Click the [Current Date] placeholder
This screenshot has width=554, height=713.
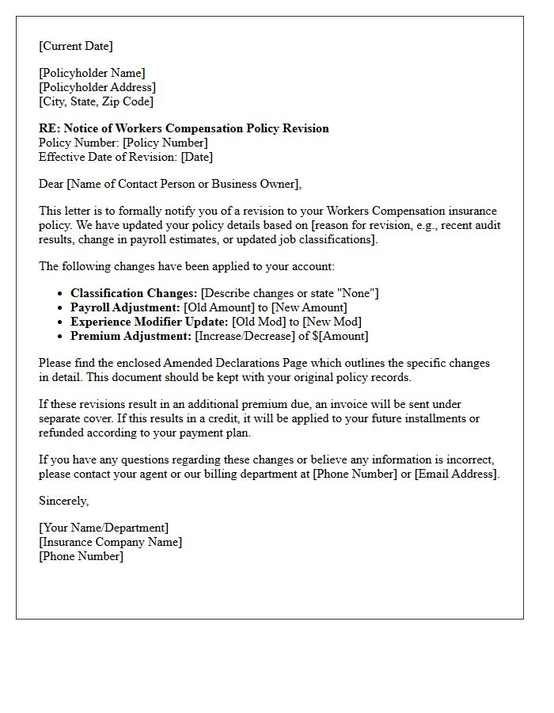pos(76,46)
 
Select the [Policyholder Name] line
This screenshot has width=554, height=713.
pos(92,73)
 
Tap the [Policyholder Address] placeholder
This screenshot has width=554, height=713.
pos(97,87)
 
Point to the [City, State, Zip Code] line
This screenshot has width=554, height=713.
pos(96,101)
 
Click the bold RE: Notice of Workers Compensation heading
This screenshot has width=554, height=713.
pos(184,128)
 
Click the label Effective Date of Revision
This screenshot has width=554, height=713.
pos(108,157)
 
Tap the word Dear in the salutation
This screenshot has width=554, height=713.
pos(51,184)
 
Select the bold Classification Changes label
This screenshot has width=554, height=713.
pos(134,293)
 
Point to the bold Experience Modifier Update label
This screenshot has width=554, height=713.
pos(150,322)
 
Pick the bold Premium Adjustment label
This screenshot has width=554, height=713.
pos(131,336)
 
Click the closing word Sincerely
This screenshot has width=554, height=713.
pos(63,501)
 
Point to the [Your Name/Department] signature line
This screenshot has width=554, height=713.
pos(104,528)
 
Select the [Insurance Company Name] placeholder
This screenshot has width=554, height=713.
pos(110,542)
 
